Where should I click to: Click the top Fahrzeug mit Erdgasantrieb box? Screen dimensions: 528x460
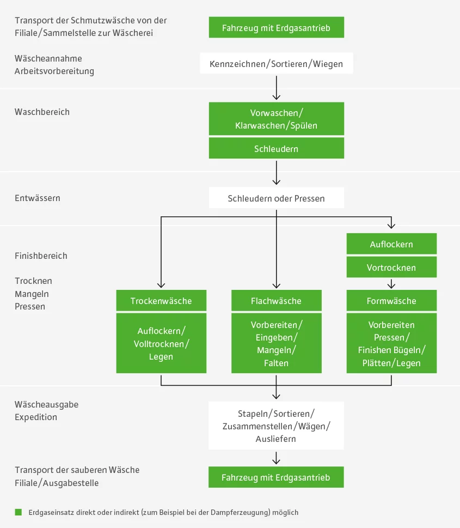point(276,27)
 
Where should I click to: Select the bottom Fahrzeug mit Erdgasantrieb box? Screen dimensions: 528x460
point(276,477)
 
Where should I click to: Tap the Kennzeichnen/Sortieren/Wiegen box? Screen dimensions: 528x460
point(276,64)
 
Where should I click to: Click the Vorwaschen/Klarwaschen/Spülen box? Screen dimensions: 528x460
point(276,119)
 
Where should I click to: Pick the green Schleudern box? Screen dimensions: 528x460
point(276,148)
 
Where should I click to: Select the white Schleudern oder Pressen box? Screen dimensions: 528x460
point(276,198)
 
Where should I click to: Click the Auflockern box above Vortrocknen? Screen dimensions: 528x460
point(391,244)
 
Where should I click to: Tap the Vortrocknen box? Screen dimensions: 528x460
point(391,268)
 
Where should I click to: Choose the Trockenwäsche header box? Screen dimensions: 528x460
point(161,301)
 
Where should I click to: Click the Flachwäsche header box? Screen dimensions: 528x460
point(276,301)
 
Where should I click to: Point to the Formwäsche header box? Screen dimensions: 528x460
point(391,301)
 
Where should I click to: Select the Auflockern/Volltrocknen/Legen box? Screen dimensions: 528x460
point(161,343)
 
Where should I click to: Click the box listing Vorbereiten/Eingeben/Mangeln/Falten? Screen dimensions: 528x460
point(276,343)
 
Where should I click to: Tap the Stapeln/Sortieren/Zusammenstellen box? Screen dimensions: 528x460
point(276,426)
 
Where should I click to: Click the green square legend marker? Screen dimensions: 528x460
point(18,512)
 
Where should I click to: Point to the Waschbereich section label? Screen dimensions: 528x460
point(42,112)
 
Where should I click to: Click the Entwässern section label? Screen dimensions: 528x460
point(38,198)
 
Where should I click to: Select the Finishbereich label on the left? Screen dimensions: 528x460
point(41,256)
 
